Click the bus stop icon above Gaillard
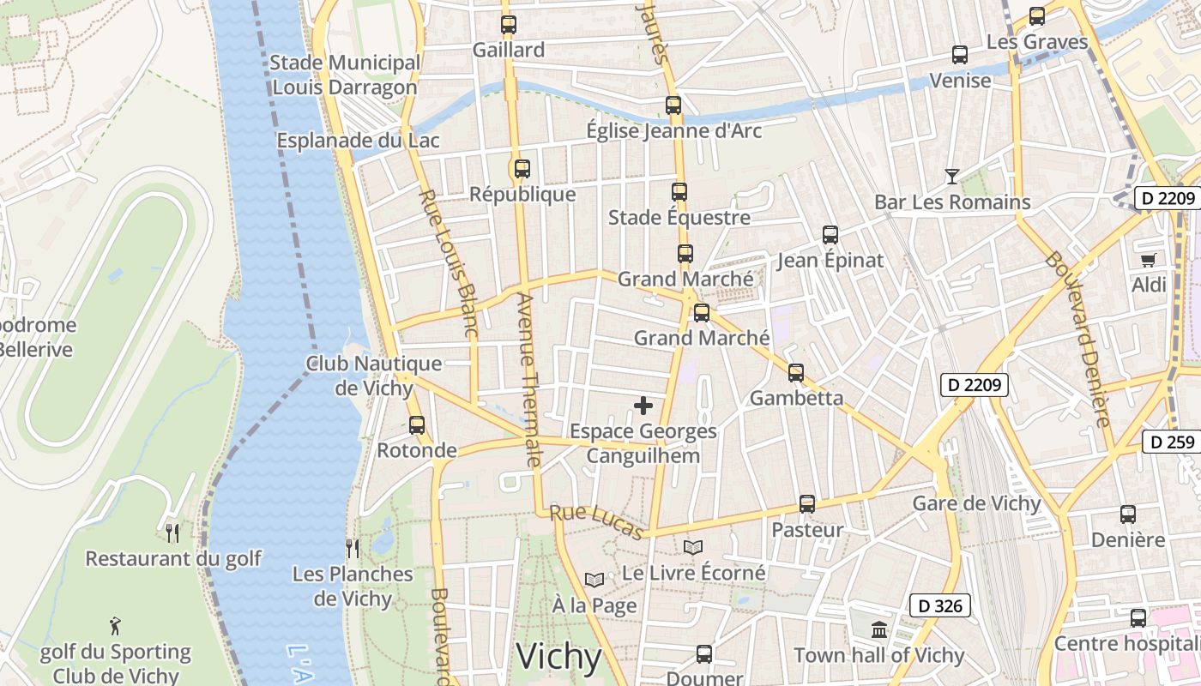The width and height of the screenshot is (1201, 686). tap(509, 25)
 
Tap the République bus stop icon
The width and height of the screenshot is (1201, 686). tap(522, 169)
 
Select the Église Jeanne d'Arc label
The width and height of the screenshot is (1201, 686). tap(673, 131)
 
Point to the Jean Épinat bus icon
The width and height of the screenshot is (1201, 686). tap(830, 235)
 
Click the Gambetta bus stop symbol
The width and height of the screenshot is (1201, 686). tap(796, 373)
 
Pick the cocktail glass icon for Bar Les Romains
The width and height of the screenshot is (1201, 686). tap(952, 177)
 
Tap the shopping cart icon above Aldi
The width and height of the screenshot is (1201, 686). tap(1149, 259)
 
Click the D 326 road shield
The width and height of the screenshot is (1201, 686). tap(940, 606)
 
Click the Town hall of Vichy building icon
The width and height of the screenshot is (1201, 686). tap(879, 630)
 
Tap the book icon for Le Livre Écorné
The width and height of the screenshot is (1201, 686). tap(693, 547)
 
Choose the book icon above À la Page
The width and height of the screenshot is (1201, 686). tap(594, 581)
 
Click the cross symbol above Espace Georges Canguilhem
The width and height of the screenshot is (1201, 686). tap(643, 406)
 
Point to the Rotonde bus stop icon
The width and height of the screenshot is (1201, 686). tap(417, 424)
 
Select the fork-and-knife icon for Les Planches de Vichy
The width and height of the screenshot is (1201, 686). tap(353, 548)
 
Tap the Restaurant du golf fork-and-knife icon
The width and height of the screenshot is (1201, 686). tap(172, 533)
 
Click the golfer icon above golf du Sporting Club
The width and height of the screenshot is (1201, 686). tap(116, 626)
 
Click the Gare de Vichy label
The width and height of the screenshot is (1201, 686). tap(976, 503)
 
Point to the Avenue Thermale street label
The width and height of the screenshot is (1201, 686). tap(528, 380)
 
